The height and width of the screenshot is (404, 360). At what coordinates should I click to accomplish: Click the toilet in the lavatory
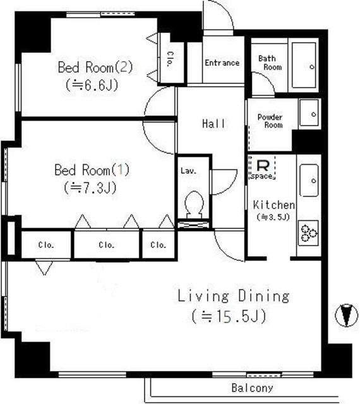(x=194, y=205)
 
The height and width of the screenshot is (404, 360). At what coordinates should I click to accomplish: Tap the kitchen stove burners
(x=309, y=233)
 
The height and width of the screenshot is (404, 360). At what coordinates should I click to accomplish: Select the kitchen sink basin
(x=309, y=181)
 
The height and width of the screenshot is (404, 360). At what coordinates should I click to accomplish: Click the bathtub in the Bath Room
(x=304, y=65)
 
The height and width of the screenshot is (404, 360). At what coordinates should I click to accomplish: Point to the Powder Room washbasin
(x=309, y=113)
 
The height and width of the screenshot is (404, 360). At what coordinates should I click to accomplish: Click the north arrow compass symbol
(x=346, y=315)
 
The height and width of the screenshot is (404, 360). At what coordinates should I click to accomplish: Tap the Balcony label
(x=252, y=388)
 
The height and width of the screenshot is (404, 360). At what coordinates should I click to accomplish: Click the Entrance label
(x=222, y=62)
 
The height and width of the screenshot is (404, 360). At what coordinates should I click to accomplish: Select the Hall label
(x=213, y=124)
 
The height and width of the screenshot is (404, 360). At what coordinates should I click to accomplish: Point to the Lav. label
(x=188, y=170)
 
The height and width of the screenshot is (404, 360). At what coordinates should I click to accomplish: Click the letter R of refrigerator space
(x=263, y=165)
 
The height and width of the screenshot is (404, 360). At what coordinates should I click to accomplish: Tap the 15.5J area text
(x=229, y=316)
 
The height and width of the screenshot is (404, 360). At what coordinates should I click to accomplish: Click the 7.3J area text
(x=90, y=187)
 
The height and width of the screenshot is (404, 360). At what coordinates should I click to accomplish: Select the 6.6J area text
(x=92, y=85)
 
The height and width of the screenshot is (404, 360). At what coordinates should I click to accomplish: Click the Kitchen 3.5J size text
(x=273, y=217)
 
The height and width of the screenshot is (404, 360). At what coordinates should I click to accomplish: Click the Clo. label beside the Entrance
(x=171, y=59)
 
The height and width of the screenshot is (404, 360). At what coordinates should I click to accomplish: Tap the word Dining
(x=263, y=296)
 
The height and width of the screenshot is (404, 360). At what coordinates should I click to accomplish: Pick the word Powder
(x=270, y=117)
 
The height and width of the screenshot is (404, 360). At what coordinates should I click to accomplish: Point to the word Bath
(x=267, y=59)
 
